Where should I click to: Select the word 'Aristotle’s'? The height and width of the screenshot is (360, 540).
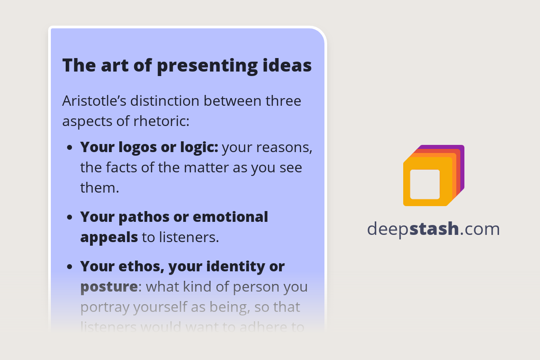[94, 101]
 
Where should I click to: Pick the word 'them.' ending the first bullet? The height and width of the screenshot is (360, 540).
[99, 188]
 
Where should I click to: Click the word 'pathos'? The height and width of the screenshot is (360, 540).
[141, 217]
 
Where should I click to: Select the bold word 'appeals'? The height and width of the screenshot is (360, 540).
[109, 237]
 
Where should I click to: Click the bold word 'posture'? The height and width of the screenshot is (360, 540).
[109, 287]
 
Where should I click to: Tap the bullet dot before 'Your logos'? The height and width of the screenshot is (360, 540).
[70, 148]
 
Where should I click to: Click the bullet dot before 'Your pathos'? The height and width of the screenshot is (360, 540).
[70, 217]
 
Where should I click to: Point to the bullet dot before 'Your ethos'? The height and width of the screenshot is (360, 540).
[70, 267]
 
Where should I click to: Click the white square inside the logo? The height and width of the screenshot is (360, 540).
[425, 184]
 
